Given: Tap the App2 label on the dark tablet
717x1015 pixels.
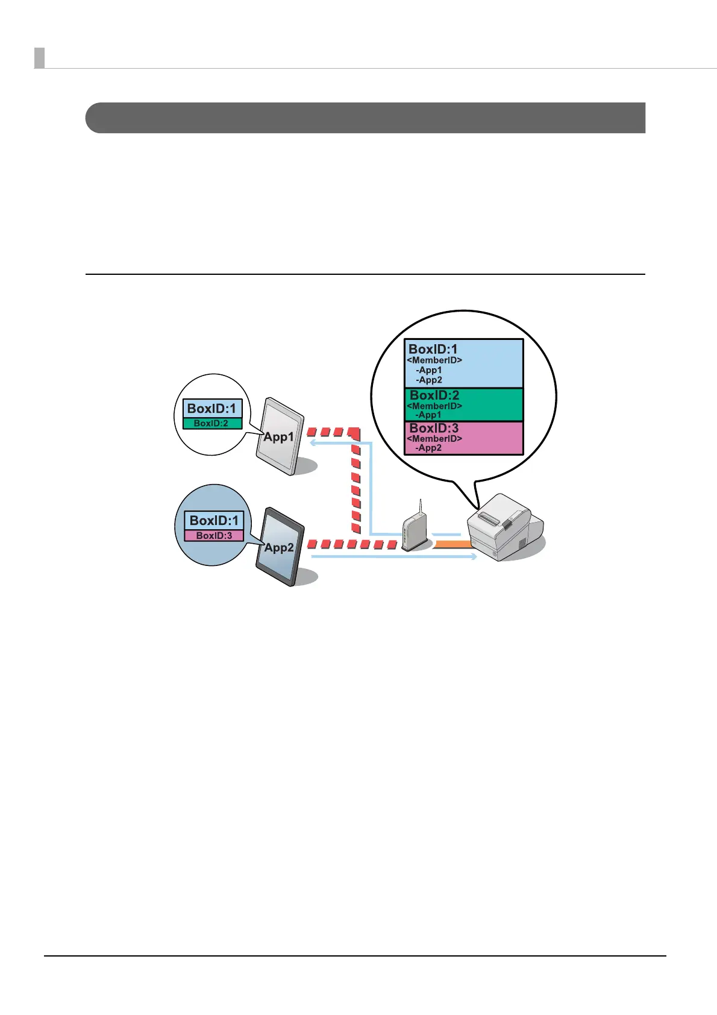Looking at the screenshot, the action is click(x=279, y=547).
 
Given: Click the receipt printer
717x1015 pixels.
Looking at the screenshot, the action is click(x=500, y=527).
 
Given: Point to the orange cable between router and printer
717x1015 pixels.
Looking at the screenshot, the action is click(x=451, y=544).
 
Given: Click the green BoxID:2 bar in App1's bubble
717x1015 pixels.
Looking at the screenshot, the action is click(x=212, y=423).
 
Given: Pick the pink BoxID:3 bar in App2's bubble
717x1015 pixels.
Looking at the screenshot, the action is click(x=214, y=535).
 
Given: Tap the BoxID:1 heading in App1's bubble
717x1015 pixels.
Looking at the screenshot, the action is click(x=211, y=408).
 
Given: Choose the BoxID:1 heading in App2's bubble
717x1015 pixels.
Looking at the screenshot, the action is click(x=214, y=520).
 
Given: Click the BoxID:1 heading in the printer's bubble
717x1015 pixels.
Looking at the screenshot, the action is click(x=433, y=349).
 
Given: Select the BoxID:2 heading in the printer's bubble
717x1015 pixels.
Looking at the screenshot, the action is click(x=434, y=395).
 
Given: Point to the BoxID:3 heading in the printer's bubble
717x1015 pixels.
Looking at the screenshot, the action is click(x=434, y=429).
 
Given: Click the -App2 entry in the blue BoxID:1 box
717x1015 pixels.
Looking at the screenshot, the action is click(x=429, y=380).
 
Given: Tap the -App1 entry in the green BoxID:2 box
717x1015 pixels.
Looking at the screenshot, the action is click(x=428, y=415).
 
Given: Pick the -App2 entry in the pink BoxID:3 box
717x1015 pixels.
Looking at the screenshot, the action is click(x=428, y=448).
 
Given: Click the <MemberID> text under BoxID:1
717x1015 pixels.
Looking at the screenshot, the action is click(x=434, y=360).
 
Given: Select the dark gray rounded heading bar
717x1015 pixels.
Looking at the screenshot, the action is click(x=365, y=118).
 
